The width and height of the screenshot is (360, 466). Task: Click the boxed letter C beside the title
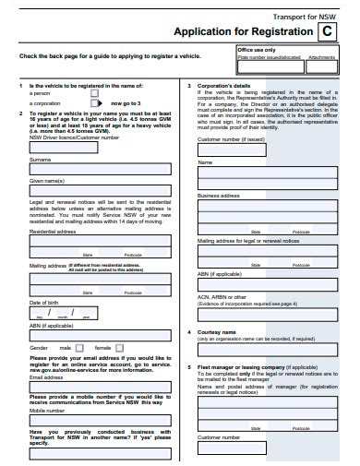(x=326, y=31)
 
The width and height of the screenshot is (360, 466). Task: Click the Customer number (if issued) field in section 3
(x=267, y=149)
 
